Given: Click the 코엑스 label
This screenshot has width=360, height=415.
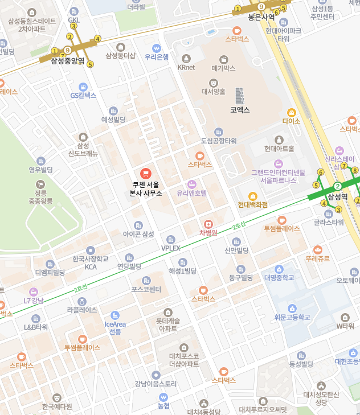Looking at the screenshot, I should coord(240,109).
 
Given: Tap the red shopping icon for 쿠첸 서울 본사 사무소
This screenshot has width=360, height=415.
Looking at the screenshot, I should coord(145,173).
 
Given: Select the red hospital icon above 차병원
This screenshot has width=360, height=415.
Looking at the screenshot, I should coord(208,224).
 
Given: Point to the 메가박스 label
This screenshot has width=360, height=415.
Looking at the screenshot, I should coord(223,68).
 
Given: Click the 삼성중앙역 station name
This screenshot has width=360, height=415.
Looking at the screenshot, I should coord(68,61).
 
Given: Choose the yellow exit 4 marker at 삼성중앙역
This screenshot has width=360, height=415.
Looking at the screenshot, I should coord(97,39).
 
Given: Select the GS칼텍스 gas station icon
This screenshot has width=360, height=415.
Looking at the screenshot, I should coord(83,87).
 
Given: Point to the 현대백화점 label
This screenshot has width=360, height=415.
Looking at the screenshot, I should coord(253,204).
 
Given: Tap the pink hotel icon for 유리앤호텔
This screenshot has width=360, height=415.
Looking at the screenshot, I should coord(191,184).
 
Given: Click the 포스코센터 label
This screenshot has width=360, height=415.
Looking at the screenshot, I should coord(146,289).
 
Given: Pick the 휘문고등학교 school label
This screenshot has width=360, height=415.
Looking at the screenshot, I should coord(292,317).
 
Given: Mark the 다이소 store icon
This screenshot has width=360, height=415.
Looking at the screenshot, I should coord(291,113).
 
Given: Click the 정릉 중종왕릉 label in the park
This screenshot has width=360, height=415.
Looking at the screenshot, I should coord(40,197).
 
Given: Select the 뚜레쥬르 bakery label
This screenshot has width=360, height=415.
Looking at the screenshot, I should coord(317,258).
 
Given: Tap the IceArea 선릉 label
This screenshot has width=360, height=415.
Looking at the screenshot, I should coord(115,327).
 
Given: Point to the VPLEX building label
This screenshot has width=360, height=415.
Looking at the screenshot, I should coord(170,248).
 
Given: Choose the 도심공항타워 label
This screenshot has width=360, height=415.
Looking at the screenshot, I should coord(219,141).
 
